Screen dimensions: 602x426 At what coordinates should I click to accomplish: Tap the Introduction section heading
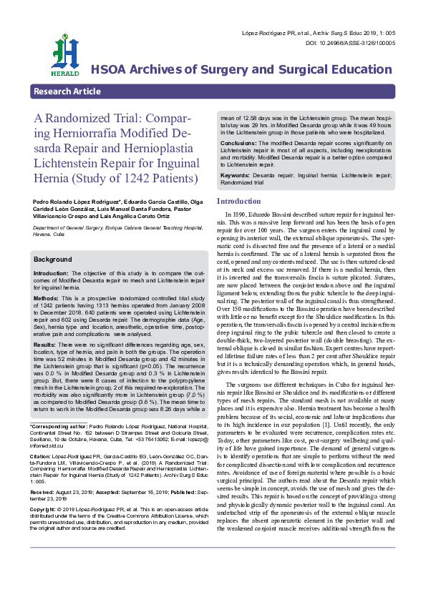point(239,202)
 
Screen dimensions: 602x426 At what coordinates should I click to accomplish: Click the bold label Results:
point(46,345)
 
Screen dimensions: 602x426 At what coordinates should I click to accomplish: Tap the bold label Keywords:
point(236,175)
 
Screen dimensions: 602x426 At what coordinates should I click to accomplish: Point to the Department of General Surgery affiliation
point(72,227)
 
